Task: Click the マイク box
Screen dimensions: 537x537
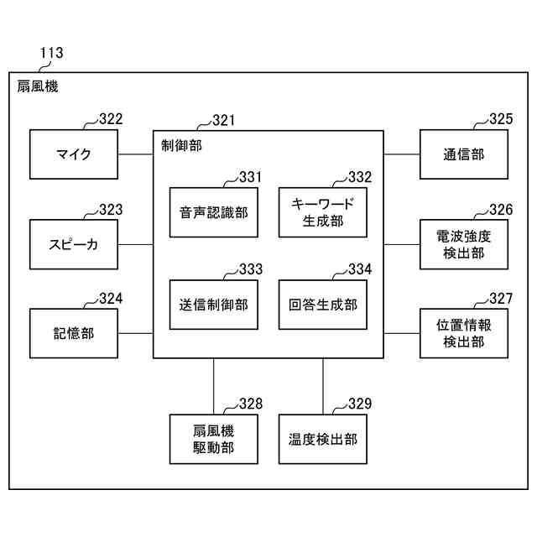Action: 74,154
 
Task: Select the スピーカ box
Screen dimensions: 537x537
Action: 74,244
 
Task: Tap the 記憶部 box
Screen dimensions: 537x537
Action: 74,333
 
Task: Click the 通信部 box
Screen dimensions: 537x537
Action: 463,154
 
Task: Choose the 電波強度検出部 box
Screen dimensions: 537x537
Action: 463,244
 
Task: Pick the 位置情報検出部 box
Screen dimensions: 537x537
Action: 463,333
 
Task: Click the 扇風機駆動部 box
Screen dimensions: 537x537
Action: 213,439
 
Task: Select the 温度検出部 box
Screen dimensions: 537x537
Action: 323,439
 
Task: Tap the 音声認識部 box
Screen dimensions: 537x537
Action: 213,212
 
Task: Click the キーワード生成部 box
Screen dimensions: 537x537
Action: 323,212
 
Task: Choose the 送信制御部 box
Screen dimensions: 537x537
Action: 213,304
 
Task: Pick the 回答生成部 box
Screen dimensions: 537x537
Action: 323,304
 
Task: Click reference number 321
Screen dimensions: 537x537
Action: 223,121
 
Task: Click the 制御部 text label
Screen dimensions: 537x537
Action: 181,145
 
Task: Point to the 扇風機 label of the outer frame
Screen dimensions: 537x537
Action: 38,86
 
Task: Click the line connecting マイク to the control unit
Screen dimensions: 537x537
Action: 135,154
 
